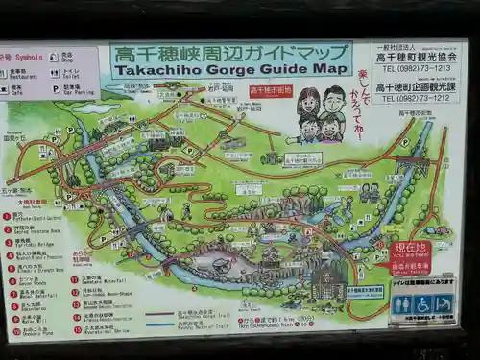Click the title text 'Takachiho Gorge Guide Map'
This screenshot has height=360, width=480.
click(230, 68)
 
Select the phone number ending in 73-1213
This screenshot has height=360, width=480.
click(416, 69)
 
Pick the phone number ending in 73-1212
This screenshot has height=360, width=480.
click(416, 98)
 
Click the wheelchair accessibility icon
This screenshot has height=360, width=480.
click(422, 304)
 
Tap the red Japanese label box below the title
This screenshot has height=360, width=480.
click(271, 91)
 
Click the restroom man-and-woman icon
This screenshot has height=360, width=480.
click(402, 304)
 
